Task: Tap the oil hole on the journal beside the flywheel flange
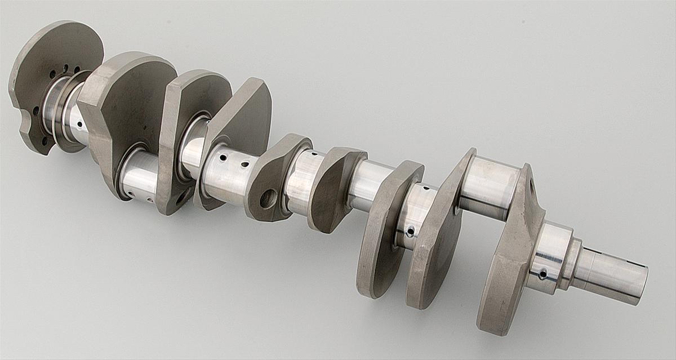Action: [x=81, y=124]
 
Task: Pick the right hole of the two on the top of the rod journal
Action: [x=244, y=165]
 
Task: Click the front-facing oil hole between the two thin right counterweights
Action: [x=411, y=231]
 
